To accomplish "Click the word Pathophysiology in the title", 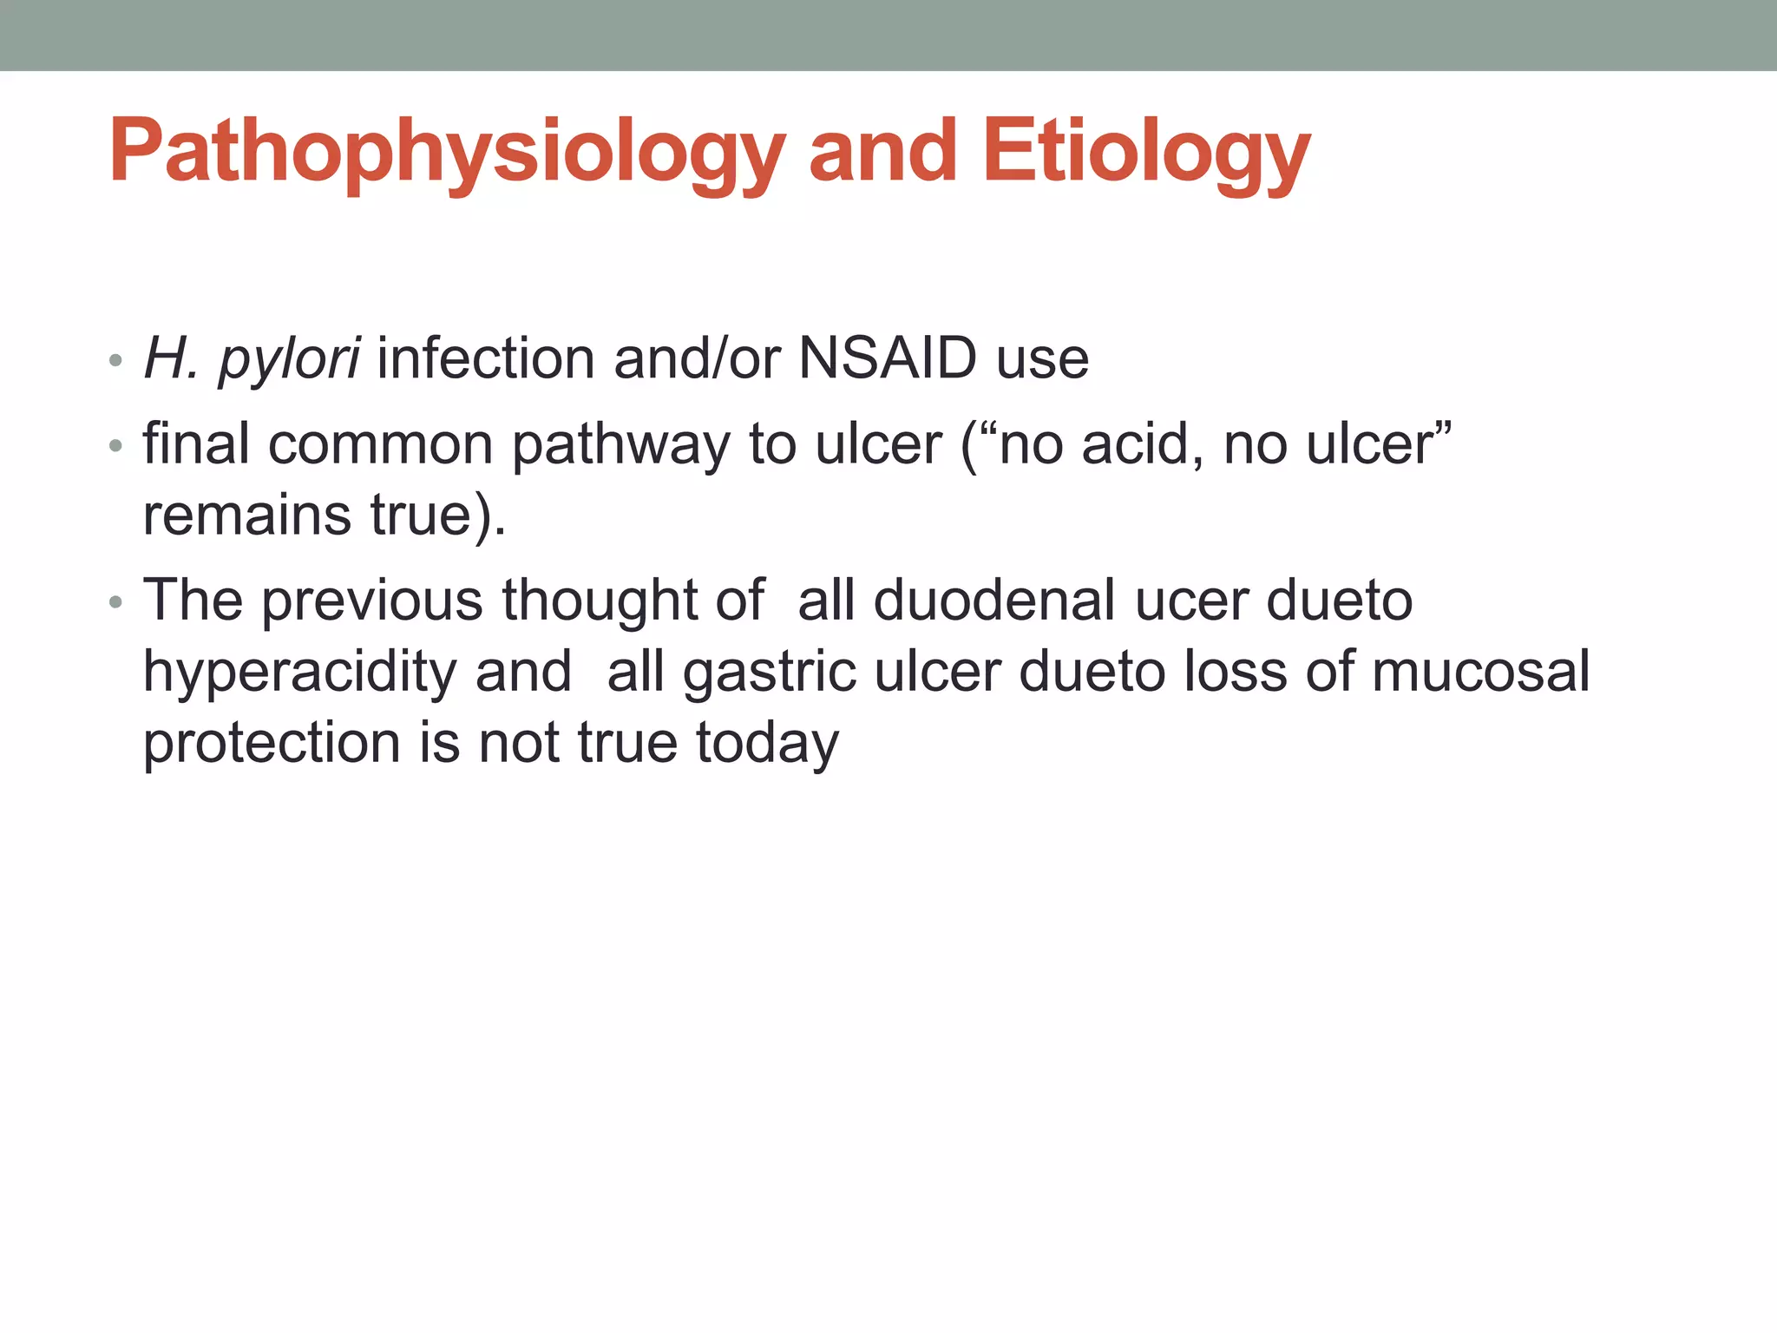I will click(x=447, y=153).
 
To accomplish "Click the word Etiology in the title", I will click(x=1145, y=153).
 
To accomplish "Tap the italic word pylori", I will click(x=289, y=358).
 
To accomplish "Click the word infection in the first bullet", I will click(x=486, y=358).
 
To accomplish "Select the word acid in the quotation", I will click(x=1142, y=444).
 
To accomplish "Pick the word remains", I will click(x=246, y=515).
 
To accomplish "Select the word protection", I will click(x=272, y=743).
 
